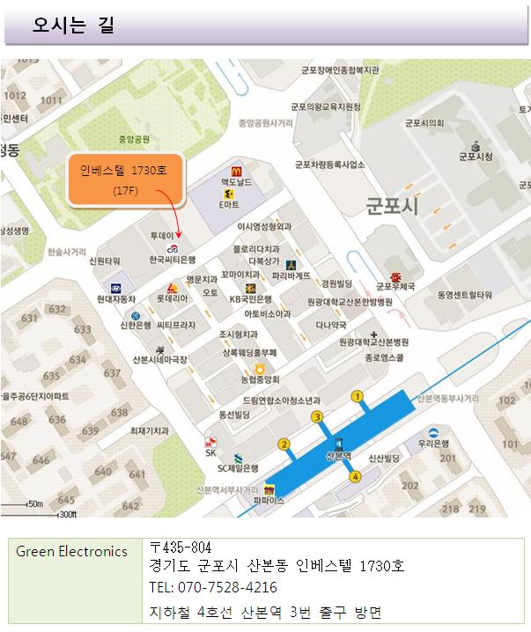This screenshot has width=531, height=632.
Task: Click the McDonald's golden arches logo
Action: click(x=237, y=171)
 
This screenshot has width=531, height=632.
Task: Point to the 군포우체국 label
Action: click(x=395, y=285)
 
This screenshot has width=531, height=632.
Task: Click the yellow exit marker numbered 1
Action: click(x=358, y=397)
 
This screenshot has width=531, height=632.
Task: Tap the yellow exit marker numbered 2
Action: click(x=284, y=444)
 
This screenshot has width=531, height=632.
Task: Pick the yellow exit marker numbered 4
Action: click(x=356, y=477)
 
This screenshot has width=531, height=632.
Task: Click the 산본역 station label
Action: click(x=338, y=456)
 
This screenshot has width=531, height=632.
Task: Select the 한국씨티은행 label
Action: click(x=171, y=261)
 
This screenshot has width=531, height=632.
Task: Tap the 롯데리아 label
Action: click(x=172, y=298)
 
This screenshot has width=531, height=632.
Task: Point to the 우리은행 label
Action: click(x=434, y=444)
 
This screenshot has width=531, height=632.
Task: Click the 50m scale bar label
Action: click(x=35, y=503)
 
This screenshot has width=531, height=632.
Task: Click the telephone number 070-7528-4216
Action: click(x=214, y=587)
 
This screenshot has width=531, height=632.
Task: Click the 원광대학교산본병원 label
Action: click(x=374, y=342)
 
